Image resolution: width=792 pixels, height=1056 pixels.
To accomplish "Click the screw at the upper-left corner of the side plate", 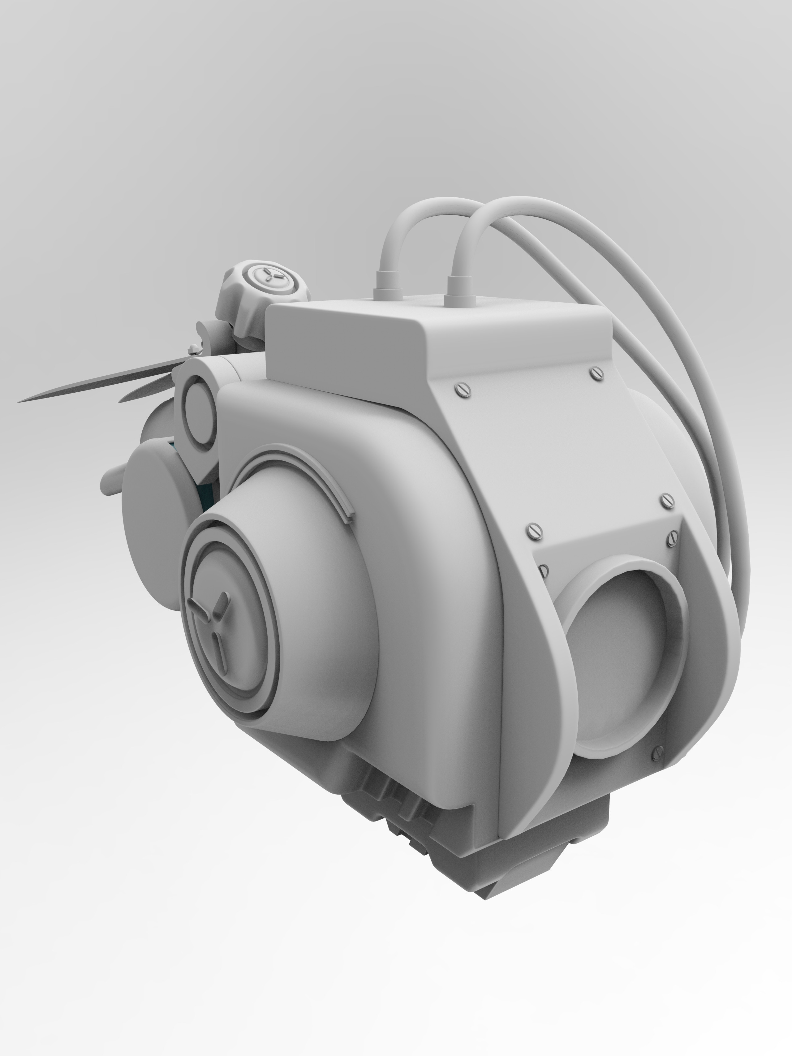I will tap(463, 390).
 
